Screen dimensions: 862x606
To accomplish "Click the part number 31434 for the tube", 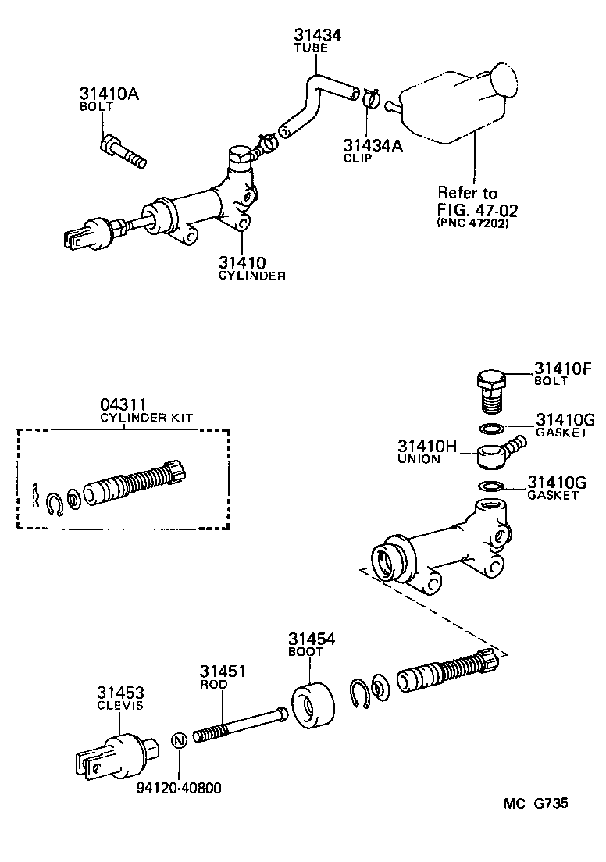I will pos(318,35).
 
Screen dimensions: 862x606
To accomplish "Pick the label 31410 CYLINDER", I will pos(251,268).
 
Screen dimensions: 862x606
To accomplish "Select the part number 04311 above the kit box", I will pos(123,404).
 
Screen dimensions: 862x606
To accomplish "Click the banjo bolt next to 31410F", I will pos(489,388).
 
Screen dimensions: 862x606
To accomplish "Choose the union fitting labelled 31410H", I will pos(497,453).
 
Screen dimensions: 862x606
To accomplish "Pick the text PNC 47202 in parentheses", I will pos(472,223).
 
